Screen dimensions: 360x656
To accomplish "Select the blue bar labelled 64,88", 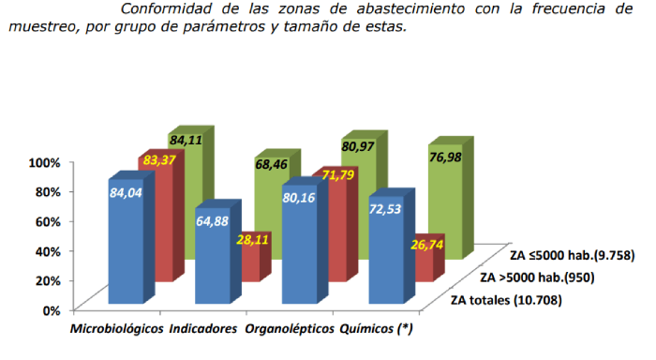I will coord(213,253).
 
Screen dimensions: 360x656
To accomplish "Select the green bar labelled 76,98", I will coord(448,197).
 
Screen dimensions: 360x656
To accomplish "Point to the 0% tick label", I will coord(51,309).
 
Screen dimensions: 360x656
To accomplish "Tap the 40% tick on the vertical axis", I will coord(47,250).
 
